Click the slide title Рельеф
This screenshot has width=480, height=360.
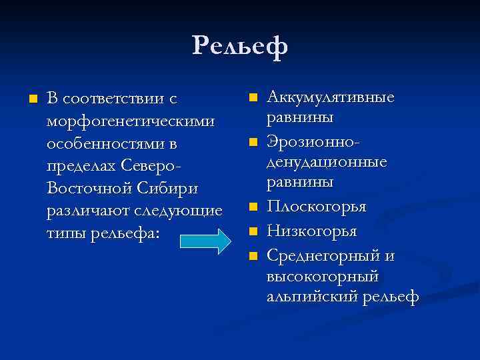[240, 47]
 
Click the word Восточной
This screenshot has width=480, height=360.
[89, 189]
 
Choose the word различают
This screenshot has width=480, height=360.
[85, 212]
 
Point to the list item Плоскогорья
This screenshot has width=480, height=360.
[316, 207]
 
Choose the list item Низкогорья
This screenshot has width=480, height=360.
[311, 231]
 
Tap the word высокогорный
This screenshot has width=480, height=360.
[322, 275]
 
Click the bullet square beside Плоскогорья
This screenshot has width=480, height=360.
[253, 208]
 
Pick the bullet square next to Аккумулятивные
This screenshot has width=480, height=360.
[253, 98]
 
